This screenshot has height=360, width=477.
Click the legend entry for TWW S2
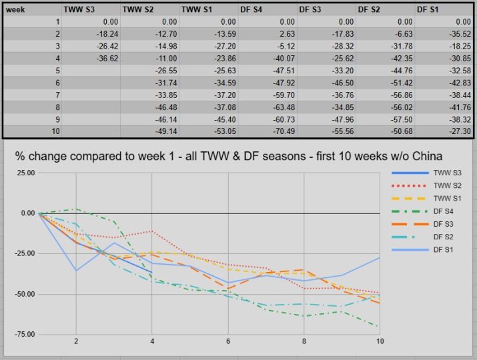tap(448, 185)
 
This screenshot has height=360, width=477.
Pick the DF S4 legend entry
tap(445, 211)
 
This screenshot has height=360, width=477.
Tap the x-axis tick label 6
tap(228, 341)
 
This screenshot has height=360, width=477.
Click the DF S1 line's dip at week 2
tap(76, 270)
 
